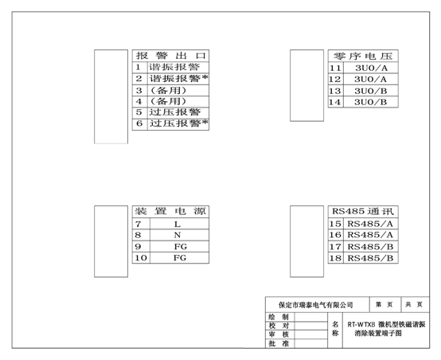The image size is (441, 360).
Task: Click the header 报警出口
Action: click(171, 56)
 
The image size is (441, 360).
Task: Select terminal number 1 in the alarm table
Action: click(138, 67)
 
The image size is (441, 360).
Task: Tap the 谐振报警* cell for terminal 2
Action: click(178, 79)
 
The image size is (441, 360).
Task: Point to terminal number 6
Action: click(139, 123)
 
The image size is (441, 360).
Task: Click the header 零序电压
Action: click(363, 57)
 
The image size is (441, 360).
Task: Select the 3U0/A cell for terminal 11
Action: click(371, 68)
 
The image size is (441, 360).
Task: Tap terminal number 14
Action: click(334, 102)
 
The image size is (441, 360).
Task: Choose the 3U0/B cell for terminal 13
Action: click(371, 91)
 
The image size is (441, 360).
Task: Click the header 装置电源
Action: click(170, 211)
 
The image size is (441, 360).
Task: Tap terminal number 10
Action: click(141, 258)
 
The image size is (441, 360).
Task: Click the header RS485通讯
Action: click(363, 211)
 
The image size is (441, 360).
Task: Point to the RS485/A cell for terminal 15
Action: click(370, 224)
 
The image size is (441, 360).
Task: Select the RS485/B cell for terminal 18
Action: click(370, 258)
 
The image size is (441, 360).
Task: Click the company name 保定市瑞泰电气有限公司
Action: click(315, 305)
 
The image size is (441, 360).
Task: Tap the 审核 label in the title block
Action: click(279, 335)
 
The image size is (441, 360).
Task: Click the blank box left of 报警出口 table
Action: click(111, 96)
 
